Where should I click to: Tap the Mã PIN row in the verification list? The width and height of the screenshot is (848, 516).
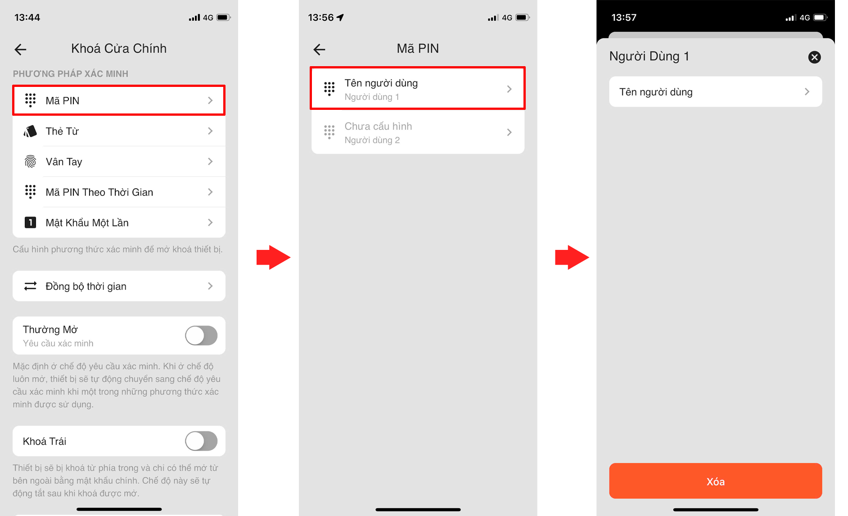point(119,100)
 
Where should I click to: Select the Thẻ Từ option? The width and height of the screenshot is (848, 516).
point(119,131)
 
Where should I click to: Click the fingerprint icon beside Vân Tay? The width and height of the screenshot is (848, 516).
point(30,162)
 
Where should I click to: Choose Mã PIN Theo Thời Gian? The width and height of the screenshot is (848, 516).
point(119,192)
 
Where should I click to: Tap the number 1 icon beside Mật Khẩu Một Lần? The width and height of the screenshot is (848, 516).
point(30,222)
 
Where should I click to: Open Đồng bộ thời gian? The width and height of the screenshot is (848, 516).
point(119,286)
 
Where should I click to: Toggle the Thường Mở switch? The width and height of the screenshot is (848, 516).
point(201,335)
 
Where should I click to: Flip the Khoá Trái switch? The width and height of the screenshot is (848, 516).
point(201,441)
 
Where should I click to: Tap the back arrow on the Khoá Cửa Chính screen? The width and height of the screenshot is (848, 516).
point(21,49)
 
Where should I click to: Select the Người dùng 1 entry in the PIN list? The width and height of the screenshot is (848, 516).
point(418,88)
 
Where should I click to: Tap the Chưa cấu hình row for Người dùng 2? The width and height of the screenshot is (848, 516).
point(418,132)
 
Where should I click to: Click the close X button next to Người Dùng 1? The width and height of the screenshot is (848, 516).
point(814,57)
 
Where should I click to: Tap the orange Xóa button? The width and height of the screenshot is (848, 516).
point(716,481)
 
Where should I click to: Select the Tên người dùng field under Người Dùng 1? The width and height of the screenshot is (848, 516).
point(716,92)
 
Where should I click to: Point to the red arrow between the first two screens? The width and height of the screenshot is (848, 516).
point(273,258)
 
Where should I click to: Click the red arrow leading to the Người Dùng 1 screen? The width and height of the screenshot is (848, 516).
point(572,258)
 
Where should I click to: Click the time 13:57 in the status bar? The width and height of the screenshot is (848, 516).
point(624,18)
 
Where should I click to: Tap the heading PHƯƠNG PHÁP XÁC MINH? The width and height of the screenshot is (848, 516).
point(71,74)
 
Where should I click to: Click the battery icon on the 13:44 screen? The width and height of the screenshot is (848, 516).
point(223,18)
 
